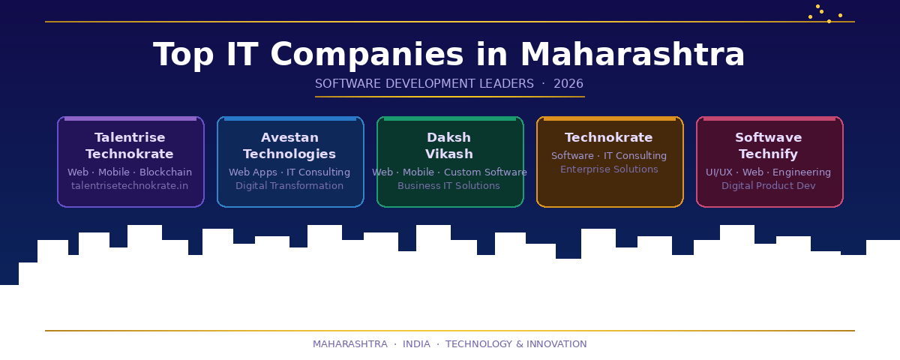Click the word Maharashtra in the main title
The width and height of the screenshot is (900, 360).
coord(632,55)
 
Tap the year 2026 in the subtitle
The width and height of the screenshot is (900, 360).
coord(568,84)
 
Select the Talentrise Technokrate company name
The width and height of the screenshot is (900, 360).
coord(130,145)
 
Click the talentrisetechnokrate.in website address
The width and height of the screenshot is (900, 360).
coord(130,185)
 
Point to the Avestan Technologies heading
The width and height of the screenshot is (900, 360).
coord(289,145)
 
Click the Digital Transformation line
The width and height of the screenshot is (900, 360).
coord(289,185)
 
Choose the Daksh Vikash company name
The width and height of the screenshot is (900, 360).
coord(449,145)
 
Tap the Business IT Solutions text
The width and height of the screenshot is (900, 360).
coord(448,185)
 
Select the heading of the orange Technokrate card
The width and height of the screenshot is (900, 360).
coord(608,138)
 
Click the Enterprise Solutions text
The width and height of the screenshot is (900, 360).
coord(609,169)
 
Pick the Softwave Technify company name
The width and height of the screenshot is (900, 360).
coord(769,145)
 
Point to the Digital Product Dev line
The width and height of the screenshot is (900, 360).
coord(768,185)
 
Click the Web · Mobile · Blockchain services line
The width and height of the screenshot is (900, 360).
coord(130,172)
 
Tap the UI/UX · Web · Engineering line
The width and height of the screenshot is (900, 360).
coord(768,172)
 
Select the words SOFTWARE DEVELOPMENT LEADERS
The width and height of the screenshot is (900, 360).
coord(424,84)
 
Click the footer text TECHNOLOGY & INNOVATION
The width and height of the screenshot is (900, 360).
coord(516,344)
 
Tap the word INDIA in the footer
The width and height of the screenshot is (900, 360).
coord(416,344)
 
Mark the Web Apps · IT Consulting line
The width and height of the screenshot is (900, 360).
coord(289,172)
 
